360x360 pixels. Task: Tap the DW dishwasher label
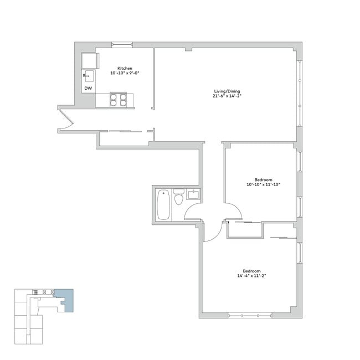point(88,88)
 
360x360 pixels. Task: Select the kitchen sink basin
point(89,75)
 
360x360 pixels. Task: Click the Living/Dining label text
point(228,91)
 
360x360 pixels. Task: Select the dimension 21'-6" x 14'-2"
point(228,96)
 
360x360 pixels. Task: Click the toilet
point(178,198)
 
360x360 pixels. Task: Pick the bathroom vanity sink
point(193,194)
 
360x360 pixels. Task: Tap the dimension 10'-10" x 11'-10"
point(264,185)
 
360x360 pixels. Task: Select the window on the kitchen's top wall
point(122,45)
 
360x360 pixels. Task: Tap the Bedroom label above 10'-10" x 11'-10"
point(264,180)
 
